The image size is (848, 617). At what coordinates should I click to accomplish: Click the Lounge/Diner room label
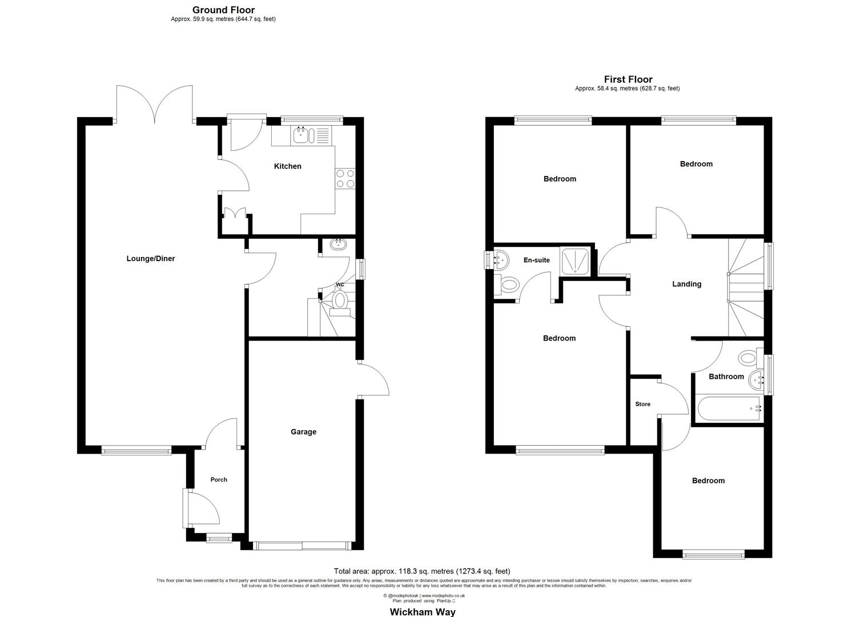tap(151, 259)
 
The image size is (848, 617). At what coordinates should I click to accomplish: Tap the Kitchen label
tap(288, 166)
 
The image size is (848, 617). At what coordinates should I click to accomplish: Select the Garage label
tap(303, 432)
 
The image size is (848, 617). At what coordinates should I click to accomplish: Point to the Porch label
tap(219, 480)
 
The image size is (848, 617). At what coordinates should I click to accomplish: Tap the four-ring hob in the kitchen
tap(345, 179)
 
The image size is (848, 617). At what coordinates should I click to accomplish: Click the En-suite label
tap(537, 260)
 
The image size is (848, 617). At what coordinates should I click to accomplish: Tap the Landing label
tap(686, 284)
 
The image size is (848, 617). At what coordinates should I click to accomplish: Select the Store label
tap(643, 404)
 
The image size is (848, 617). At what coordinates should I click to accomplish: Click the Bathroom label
tap(726, 376)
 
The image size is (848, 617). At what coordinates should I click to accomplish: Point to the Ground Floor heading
tap(223, 10)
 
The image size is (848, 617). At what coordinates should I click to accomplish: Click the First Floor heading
tap(628, 79)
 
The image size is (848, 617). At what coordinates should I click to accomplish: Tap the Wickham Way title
tap(423, 612)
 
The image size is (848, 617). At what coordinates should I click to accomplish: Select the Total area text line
tap(422, 571)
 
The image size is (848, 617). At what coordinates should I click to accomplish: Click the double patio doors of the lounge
tap(154, 104)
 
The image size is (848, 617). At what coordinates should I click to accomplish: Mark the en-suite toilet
tap(508, 283)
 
